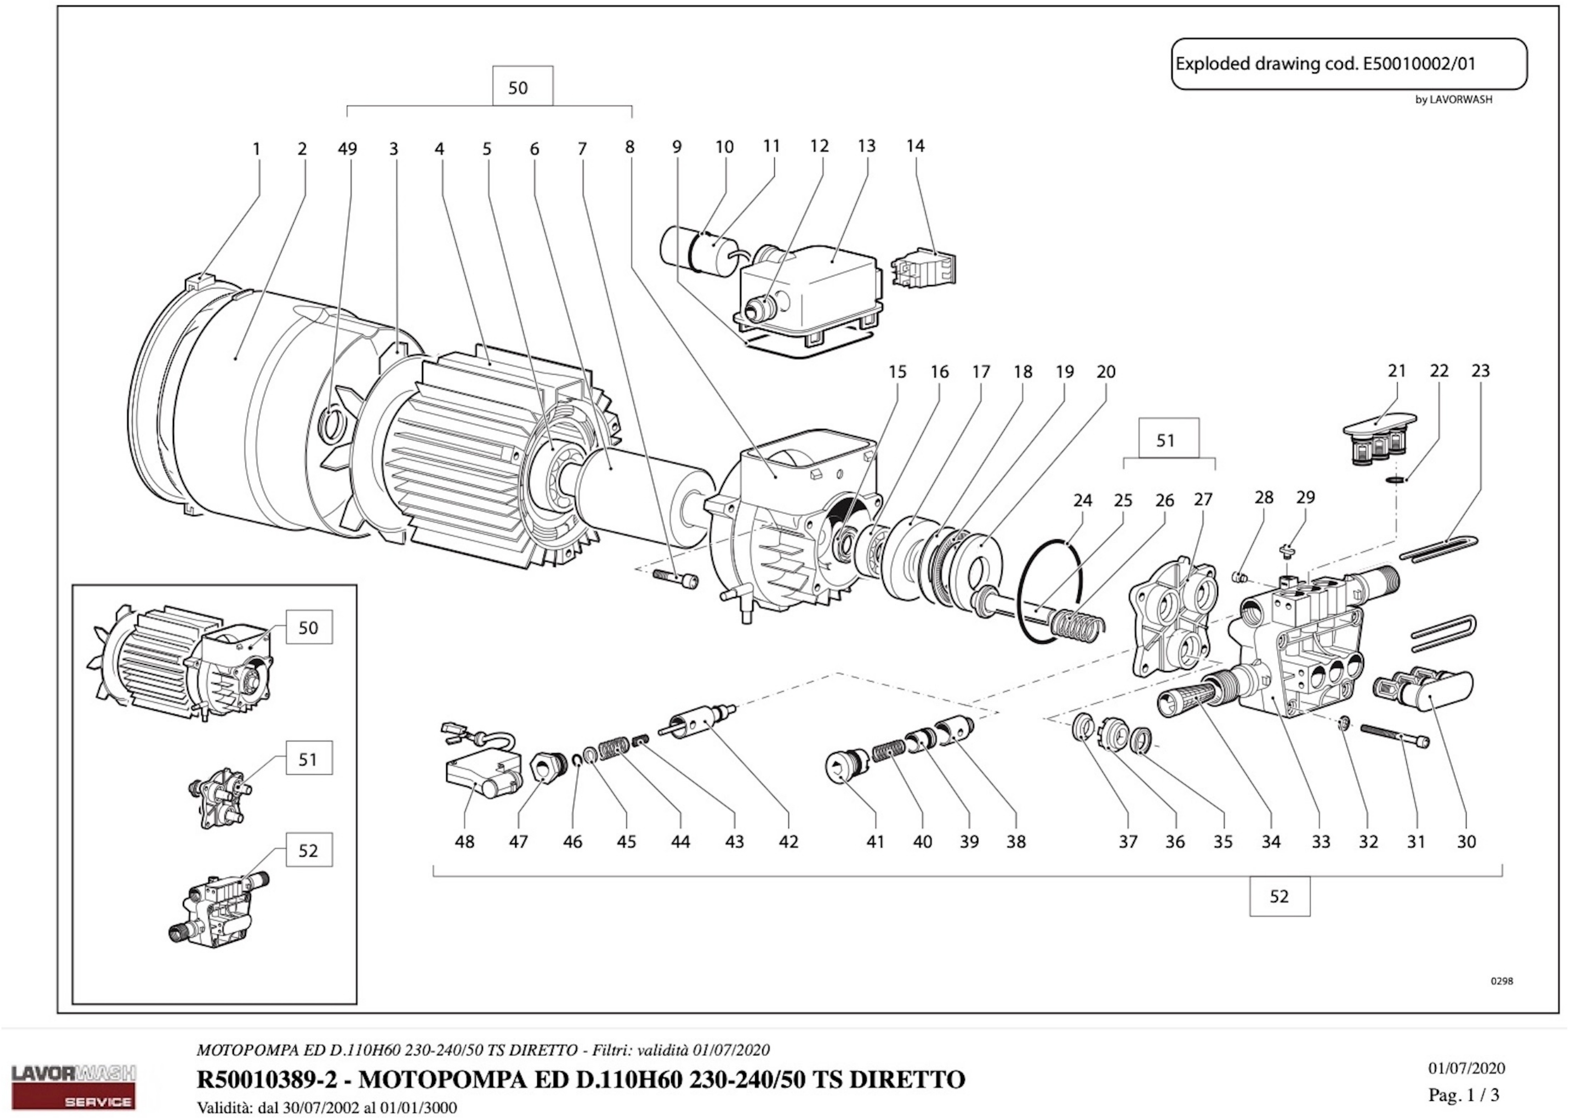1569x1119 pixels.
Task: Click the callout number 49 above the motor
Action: coord(348,149)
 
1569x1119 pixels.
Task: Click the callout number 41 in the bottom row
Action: coord(875,841)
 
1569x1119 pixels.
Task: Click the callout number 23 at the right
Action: coord(1480,371)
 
